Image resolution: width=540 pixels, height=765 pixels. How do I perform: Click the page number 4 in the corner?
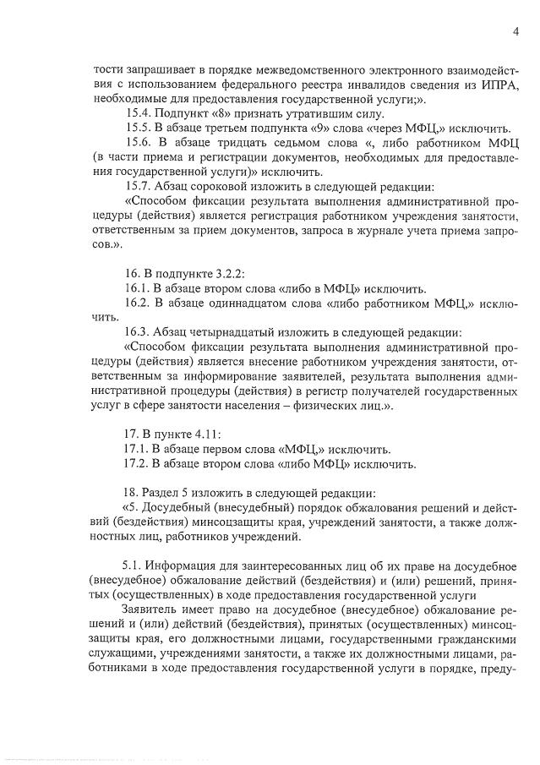[515, 33]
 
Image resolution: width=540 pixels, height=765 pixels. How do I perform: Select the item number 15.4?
[140, 113]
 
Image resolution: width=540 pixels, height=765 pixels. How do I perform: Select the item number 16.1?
[140, 288]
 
